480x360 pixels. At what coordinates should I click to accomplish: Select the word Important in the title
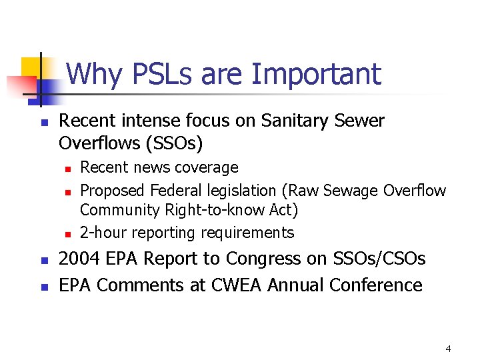[x=316, y=74]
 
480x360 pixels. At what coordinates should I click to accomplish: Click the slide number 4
[x=448, y=349]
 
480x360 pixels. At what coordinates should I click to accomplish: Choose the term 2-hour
[x=103, y=233]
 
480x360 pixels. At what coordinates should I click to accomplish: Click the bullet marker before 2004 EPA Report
[x=41, y=259]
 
